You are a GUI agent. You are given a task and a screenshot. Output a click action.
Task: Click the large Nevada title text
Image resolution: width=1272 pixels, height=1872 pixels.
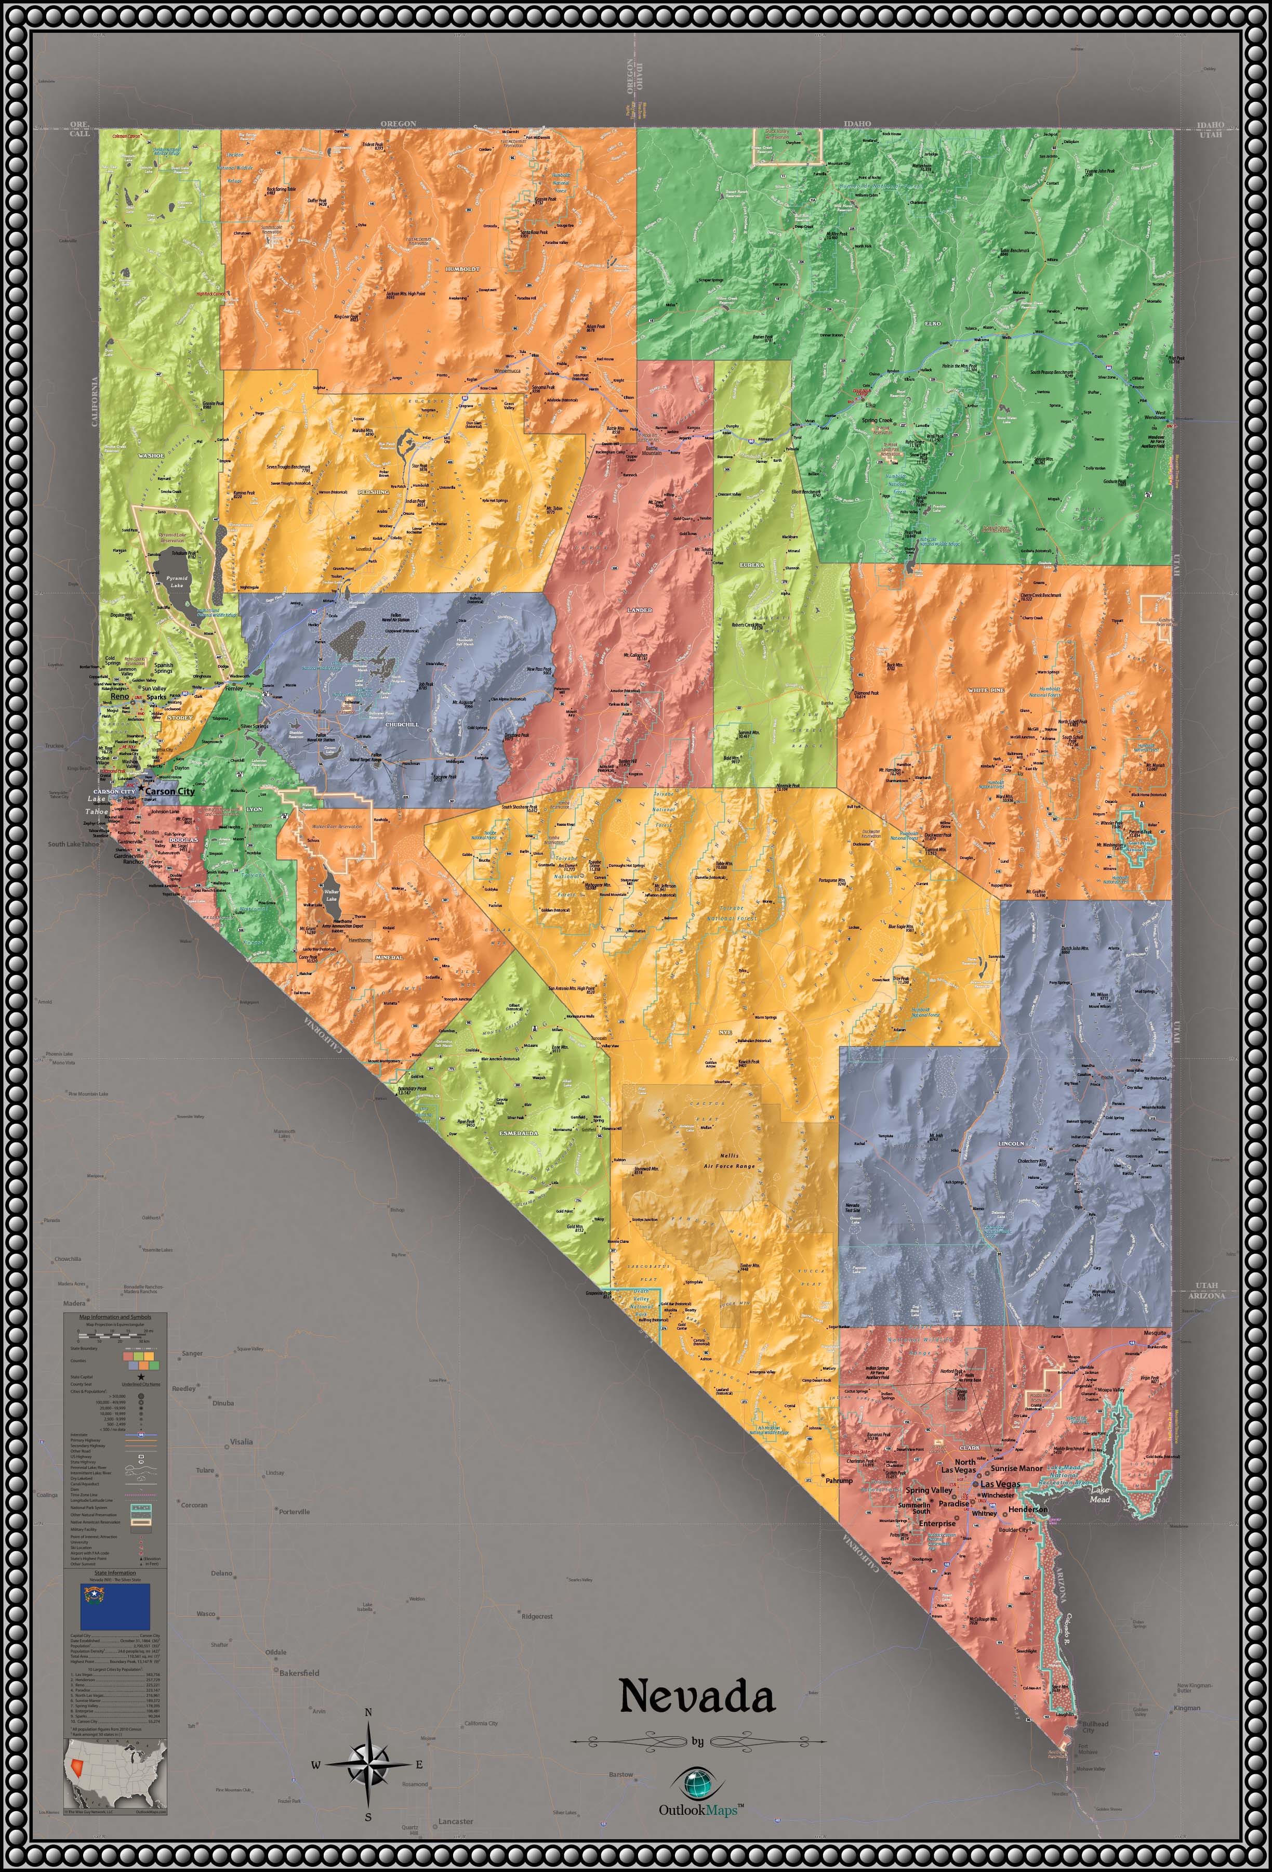tap(697, 1696)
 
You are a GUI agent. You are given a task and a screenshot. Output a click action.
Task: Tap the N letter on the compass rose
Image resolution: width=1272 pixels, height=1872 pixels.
tap(368, 1712)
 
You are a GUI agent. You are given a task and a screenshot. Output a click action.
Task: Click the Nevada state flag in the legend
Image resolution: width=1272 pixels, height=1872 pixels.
tap(115, 1606)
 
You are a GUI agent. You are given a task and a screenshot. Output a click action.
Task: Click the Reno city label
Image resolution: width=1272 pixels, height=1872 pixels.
tap(119, 719)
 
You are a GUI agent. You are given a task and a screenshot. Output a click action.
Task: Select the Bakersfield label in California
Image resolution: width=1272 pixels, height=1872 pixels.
tap(299, 1673)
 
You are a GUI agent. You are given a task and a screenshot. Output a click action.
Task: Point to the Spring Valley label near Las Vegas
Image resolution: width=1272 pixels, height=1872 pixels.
tap(928, 1490)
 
